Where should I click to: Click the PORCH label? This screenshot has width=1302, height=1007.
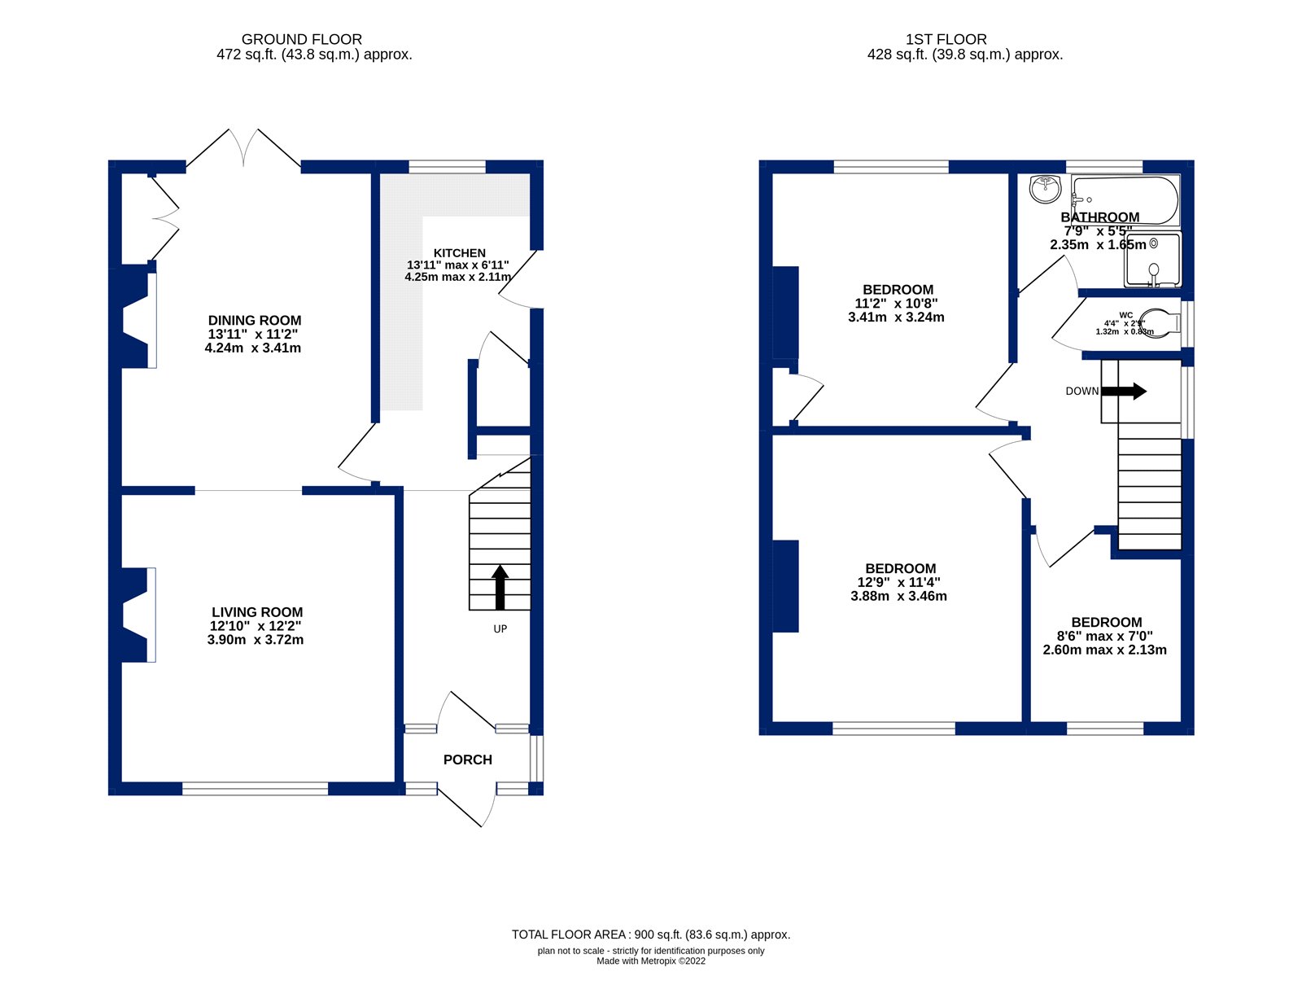[467, 760]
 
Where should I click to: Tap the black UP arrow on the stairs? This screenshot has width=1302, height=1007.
[500, 588]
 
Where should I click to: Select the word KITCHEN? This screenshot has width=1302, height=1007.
[459, 253]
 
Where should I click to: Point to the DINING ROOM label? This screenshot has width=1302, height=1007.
[255, 321]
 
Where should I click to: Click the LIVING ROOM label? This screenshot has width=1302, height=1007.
[257, 612]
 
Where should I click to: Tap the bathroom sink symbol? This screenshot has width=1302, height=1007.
[1045, 190]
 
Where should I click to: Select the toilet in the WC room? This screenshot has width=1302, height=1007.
[1160, 322]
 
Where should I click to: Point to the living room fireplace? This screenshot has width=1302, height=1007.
[137, 615]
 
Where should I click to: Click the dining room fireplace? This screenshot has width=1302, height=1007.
[137, 321]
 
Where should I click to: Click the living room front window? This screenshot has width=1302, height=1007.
[255, 788]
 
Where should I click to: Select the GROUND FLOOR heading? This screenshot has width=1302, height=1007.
[301, 39]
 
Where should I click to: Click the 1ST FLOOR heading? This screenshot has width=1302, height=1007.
[946, 39]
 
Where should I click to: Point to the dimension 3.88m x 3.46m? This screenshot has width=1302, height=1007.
[898, 596]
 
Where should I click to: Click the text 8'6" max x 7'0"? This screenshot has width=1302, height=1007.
[1104, 636]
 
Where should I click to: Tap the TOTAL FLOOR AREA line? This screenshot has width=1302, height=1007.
[650, 935]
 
